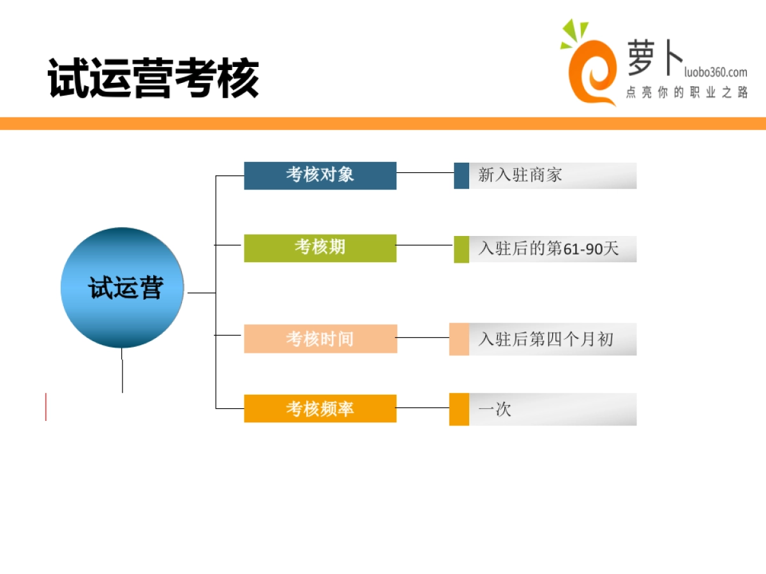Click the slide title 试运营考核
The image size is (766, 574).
[x=153, y=78]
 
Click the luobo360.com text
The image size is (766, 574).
[x=716, y=72]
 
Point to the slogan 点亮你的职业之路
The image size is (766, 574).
[x=686, y=92]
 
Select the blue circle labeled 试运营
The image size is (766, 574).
[x=122, y=288]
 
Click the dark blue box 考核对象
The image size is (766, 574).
[x=320, y=175]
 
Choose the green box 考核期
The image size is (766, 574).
[x=320, y=248]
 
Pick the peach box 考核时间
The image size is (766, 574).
[x=320, y=339]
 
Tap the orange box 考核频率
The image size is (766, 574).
[x=320, y=408]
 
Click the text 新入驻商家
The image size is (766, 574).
[x=520, y=175]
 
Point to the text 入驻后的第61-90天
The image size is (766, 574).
[x=548, y=249]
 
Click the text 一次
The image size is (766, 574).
[x=495, y=409]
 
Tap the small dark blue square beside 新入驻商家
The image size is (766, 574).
[x=462, y=175]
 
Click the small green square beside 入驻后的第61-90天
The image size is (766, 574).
[x=462, y=249]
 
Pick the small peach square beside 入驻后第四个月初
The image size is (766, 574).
[x=459, y=339]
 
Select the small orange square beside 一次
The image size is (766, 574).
[x=459, y=409]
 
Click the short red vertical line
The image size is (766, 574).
[x=46, y=407]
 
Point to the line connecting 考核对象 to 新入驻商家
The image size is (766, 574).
[x=425, y=172]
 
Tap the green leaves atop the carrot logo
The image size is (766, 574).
[x=574, y=33]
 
